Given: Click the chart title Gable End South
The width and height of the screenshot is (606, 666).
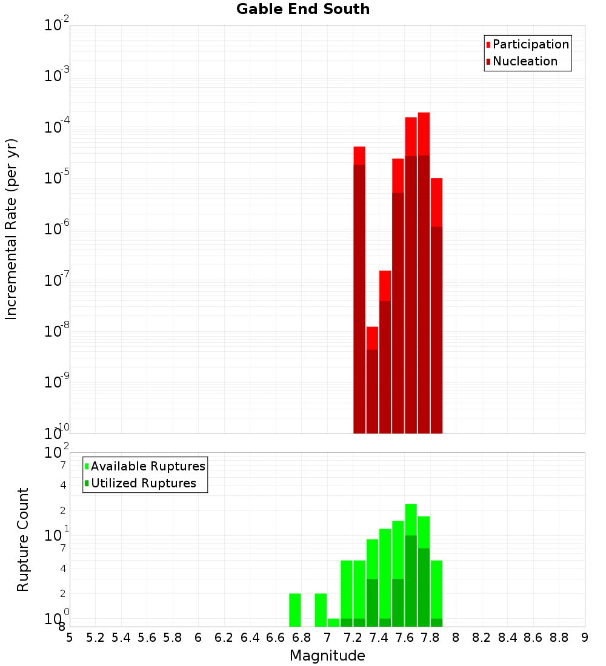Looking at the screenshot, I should click(x=303, y=9).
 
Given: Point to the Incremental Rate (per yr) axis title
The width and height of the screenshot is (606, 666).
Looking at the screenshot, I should click(x=12, y=229).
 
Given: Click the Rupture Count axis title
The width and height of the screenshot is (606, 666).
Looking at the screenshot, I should click(x=23, y=539).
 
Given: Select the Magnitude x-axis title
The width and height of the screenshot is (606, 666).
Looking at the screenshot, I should click(x=327, y=656).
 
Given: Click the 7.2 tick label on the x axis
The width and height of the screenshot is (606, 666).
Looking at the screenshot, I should click(x=353, y=638).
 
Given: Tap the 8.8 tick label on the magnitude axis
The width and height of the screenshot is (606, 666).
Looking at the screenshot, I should click(x=559, y=638).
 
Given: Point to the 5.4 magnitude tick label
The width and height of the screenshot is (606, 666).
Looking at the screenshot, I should click(x=121, y=638).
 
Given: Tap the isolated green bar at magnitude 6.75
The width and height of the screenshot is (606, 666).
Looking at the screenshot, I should click(x=295, y=610).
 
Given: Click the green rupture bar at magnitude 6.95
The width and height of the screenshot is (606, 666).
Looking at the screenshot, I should click(x=321, y=610).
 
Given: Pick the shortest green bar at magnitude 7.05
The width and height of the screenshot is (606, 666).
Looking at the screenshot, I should click(x=333, y=622).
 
